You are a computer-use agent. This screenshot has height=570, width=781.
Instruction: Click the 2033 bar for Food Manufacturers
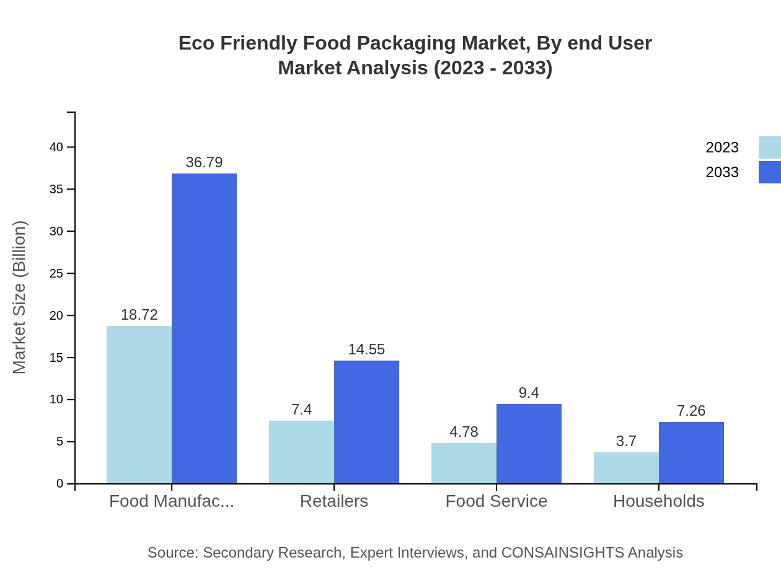[204, 328]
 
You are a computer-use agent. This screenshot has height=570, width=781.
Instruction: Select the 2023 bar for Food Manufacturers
[139, 405]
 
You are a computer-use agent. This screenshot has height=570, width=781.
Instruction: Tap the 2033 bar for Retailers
[366, 422]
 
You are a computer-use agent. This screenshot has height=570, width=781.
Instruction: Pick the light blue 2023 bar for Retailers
[301, 452]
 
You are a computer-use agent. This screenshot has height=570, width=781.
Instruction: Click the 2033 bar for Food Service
[529, 444]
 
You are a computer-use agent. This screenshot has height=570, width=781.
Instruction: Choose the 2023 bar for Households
[626, 468]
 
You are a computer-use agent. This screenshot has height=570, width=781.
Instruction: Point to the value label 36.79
[204, 162]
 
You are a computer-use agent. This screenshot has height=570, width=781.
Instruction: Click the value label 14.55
[366, 349]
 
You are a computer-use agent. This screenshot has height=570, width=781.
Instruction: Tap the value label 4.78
[464, 432]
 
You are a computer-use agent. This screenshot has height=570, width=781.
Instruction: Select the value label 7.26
[691, 411]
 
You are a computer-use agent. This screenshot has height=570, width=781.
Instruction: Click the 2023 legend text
[722, 147]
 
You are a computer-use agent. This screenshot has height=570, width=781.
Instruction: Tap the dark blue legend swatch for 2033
[769, 172]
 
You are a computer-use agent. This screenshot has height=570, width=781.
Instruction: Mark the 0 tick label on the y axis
[60, 484]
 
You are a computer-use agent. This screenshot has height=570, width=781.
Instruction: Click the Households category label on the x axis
[658, 501]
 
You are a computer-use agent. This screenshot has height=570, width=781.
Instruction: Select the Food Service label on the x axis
[496, 501]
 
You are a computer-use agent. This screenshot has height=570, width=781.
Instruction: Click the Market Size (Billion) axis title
[20, 297]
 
